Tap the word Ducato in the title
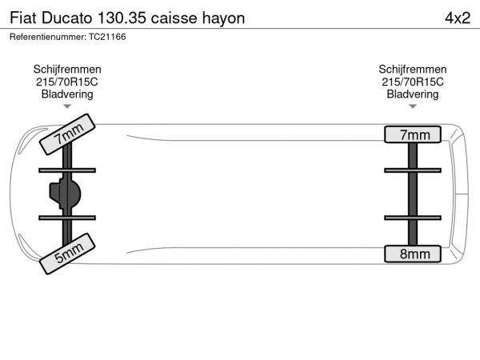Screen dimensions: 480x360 point(66,18)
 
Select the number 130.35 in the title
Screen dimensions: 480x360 point(122,18)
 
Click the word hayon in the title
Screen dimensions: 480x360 point(223,18)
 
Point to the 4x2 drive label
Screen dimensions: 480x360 point(458,18)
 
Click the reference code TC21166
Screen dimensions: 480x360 point(107,37)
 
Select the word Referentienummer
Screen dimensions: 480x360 point(48,37)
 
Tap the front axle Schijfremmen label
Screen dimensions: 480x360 point(67,70)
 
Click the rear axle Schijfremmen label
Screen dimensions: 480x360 point(413,70)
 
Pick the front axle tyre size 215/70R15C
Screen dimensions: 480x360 point(67,82)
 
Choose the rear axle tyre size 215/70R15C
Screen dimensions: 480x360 point(413,82)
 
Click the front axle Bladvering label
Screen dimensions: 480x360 point(67,94)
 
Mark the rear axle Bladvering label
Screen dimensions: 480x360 point(413,94)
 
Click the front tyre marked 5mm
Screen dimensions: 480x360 point(67,254)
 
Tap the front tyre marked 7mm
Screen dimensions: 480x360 point(67,134)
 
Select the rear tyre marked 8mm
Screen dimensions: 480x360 point(413,254)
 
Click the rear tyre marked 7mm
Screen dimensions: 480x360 point(413,134)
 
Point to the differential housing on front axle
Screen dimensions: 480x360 point(66,194)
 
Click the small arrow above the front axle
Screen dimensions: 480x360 point(67,106)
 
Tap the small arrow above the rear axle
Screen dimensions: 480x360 point(413,106)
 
